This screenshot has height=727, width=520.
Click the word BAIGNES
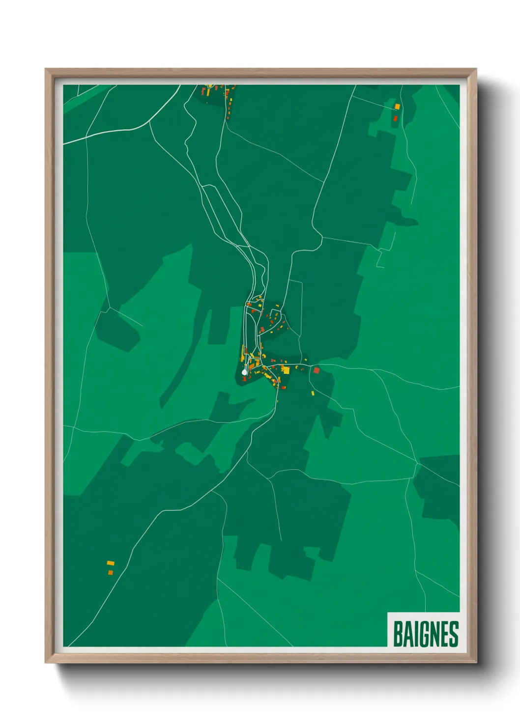click(426, 634)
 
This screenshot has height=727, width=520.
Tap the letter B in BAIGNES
click(398, 634)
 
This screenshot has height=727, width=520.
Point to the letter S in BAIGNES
click(454, 634)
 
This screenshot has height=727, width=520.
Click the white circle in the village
click(244, 373)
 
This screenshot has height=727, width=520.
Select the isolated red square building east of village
click(317, 370)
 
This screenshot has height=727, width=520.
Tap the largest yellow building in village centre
click(286, 370)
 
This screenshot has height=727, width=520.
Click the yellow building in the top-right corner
click(397, 106)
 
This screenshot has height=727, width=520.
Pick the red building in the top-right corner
click(395, 118)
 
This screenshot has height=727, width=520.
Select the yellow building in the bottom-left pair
click(111, 563)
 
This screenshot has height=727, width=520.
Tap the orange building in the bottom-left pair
click(110, 572)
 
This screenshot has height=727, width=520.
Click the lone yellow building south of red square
click(313, 393)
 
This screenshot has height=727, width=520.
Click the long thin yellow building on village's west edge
click(243, 354)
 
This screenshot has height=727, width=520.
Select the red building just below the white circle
click(244, 379)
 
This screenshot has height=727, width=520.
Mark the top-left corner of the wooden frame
click(45, 69)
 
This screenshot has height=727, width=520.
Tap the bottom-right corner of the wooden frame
click(476, 663)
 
